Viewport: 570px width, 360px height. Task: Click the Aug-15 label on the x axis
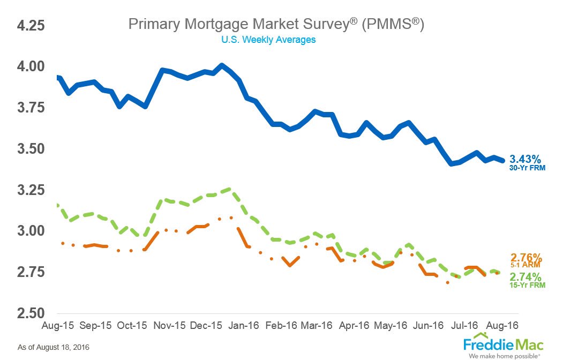pyautogui.click(x=56, y=325)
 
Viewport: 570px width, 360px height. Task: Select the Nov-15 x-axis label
pyautogui.click(x=169, y=325)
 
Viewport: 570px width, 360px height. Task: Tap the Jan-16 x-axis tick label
pyautogui.click(x=246, y=325)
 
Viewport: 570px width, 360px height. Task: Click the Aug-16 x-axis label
pyautogui.click(x=503, y=325)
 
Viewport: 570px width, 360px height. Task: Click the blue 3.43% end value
pyautogui.click(x=526, y=159)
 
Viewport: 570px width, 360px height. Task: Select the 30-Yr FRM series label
pyautogui.click(x=527, y=168)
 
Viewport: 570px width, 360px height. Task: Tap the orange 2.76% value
pyautogui.click(x=526, y=257)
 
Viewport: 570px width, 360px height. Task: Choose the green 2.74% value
pyautogui.click(x=526, y=277)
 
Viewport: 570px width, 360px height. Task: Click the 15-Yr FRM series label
pyautogui.click(x=528, y=286)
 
